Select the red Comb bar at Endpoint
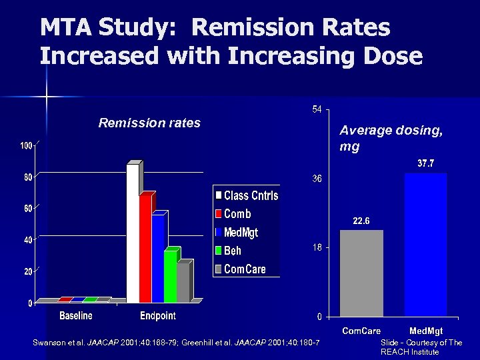[145, 248]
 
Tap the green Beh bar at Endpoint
[170, 276]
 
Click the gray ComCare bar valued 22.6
[361, 273]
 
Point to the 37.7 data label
[426, 163]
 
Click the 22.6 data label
[361, 221]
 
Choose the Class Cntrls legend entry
[246, 195]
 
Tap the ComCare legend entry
[240, 269]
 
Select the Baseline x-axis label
[76, 315]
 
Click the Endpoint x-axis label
[158, 315]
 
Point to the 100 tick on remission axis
[26, 145]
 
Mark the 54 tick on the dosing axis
[317, 109]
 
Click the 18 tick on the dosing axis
[318, 247]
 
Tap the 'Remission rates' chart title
[149, 123]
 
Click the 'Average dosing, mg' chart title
[391, 138]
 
